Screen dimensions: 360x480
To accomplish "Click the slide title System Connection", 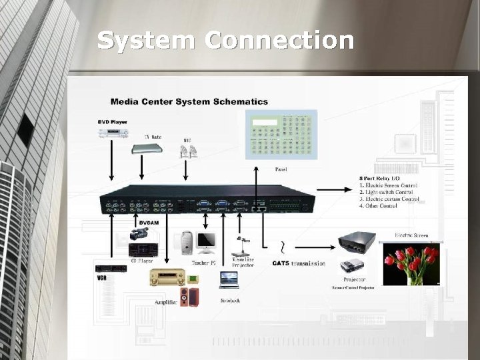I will pos(225,40).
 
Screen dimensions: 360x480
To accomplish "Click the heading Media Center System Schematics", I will pos(189,102).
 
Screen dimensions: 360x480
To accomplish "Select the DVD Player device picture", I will pos(113,133).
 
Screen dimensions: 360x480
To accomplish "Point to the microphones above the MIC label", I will pos(188,152).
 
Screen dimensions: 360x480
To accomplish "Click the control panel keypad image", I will pos(280,135).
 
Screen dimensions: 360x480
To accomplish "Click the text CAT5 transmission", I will pos(299,263).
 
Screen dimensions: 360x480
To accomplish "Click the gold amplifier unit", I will pos(167,277).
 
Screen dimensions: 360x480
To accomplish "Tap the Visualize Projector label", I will pos(243,262).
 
